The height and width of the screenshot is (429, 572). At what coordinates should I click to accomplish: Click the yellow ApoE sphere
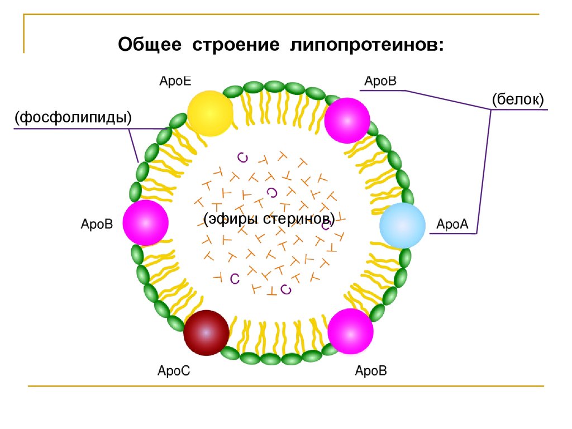[210, 113]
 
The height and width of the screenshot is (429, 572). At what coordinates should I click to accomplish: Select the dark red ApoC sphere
[206, 333]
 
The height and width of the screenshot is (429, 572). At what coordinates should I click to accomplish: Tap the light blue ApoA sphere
[402, 226]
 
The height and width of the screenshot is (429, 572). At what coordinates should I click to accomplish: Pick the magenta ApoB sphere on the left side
[146, 222]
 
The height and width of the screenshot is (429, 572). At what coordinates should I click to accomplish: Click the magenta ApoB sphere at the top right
[347, 121]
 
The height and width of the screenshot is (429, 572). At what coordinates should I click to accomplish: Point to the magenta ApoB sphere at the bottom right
[350, 331]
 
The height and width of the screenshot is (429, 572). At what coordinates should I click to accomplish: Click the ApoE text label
[175, 81]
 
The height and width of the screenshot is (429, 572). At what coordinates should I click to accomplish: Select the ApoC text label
[174, 371]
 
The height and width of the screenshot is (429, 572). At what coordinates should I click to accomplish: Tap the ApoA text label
[452, 224]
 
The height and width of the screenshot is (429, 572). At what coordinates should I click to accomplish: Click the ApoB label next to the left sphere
[97, 224]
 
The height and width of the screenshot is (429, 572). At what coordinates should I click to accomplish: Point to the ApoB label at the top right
[380, 81]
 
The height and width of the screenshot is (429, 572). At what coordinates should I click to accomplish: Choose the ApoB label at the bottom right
[371, 371]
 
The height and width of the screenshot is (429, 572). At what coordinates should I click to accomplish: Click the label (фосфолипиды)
[73, 117]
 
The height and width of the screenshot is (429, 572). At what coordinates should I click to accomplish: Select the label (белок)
[518, 99]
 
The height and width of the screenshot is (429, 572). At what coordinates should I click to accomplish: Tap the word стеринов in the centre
[299, 218]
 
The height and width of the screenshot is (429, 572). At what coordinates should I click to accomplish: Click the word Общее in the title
[150, 45]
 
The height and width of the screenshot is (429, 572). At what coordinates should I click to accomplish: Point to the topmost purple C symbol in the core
[243, 158]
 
